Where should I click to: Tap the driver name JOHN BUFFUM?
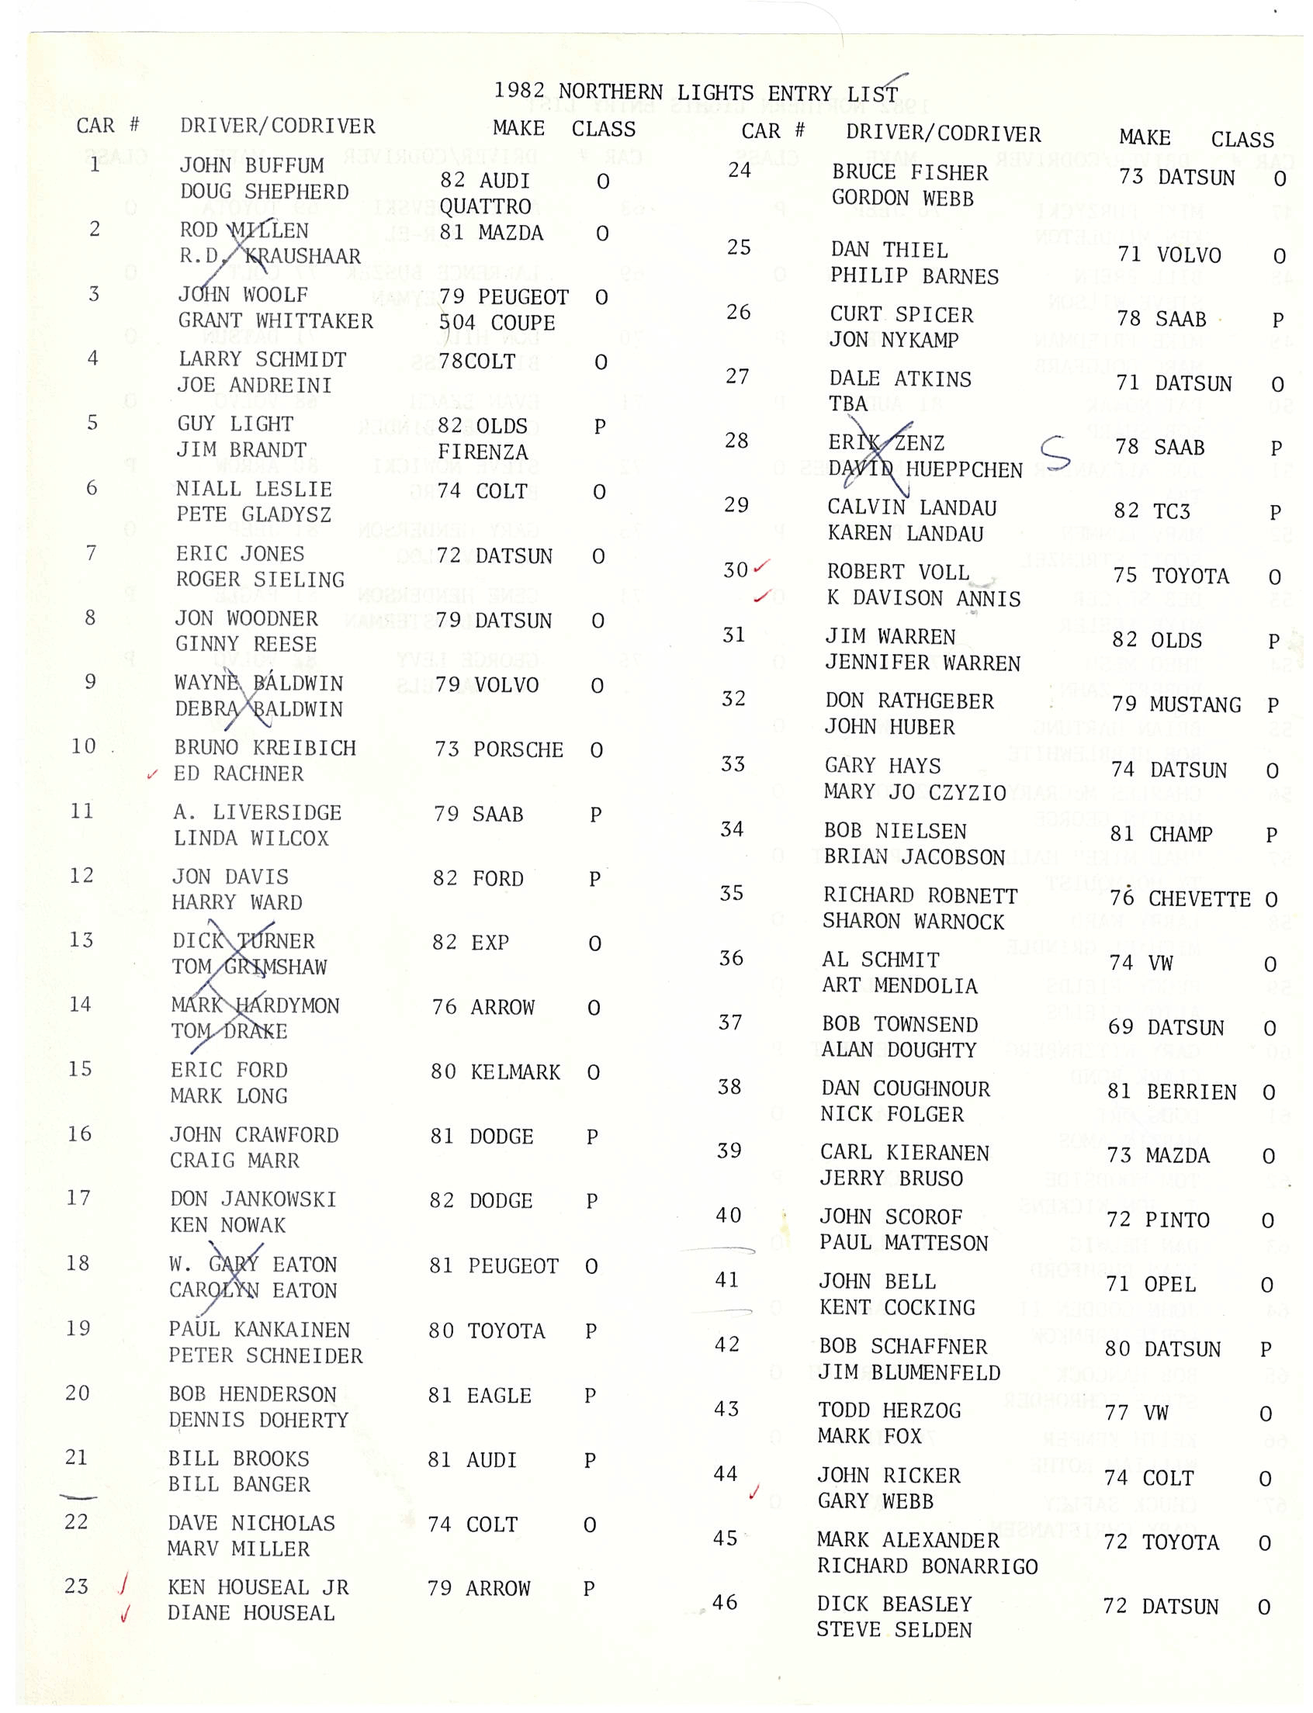[251, 166]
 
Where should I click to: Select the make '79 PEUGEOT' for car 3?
[504, 297]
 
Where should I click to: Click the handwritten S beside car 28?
[1055, 452]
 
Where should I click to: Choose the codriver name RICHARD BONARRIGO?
[927, 1566]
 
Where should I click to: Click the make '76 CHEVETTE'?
[1180, 898]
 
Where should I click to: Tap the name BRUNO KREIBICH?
[265, 748]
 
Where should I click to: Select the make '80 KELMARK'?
[495, 1072]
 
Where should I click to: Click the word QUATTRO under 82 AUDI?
[484, 207]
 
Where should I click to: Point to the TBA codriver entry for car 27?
[848, 404]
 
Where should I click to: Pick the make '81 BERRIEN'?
[1172, 1092]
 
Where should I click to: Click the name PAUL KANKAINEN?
[258, 1330]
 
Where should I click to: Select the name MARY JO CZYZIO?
[914, 792]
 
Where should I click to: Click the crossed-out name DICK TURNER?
[243, 941]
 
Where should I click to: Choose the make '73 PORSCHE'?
[499, 750]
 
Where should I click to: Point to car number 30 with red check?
[736, 570]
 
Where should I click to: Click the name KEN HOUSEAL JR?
[258, 1587]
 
